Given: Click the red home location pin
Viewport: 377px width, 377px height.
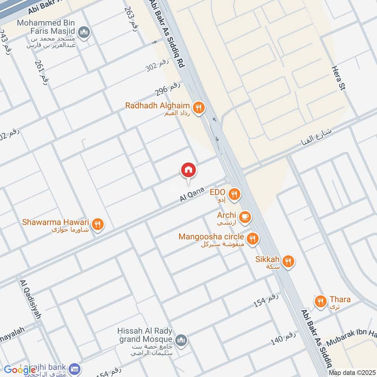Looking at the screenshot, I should coord(188,170).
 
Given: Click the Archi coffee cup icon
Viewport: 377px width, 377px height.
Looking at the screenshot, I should coord(245,217).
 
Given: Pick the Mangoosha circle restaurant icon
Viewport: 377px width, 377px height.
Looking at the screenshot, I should coord(253,239).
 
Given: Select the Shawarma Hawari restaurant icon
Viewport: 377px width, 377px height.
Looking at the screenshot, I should coord(98,224).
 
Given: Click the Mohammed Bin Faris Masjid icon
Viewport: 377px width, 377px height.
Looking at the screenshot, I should coord(85,32).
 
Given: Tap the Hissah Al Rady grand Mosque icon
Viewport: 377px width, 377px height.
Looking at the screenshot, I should coord(181,340).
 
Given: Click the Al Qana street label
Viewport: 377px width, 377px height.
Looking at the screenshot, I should coord(191,195).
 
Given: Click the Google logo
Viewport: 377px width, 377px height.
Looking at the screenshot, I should coord(20,369).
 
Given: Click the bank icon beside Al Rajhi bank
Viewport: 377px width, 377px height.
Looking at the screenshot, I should coord(73,368).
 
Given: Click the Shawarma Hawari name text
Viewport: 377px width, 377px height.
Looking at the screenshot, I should coord(56,221).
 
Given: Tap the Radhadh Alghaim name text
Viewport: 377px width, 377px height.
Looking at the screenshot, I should coord(157,106).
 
